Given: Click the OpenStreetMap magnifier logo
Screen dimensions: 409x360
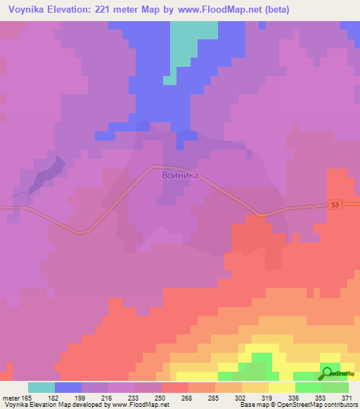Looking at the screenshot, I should tap(329, 373).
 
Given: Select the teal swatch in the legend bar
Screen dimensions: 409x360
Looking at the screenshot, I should tap(41, 387).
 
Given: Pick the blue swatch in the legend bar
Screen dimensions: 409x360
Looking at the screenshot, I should tap(68, 387).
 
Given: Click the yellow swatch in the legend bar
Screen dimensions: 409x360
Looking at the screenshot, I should tap(282, 387).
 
